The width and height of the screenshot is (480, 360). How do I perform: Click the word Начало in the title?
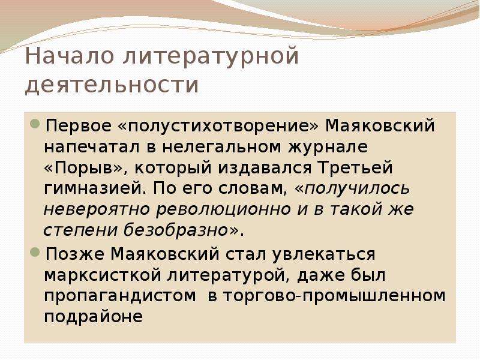(70, 56)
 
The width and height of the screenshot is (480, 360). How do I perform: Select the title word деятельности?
(112, 84)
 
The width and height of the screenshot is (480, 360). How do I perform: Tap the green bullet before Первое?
(35, 124)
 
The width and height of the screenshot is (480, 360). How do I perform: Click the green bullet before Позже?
(35, 252)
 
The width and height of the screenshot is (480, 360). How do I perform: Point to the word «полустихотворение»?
(218, 126)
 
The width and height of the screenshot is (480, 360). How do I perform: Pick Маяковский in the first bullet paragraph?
(380, 125)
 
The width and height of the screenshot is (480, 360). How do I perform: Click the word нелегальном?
(221, 147)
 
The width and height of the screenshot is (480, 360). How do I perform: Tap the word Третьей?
(355, 167)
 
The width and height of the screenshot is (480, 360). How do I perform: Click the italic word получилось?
(352, 189)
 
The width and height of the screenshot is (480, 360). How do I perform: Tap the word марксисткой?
(103, 275)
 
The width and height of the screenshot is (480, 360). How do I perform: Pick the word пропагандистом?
(120, 296)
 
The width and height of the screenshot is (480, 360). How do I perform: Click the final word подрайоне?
(94, 317)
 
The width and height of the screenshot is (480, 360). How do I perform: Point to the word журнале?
(328, 147)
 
